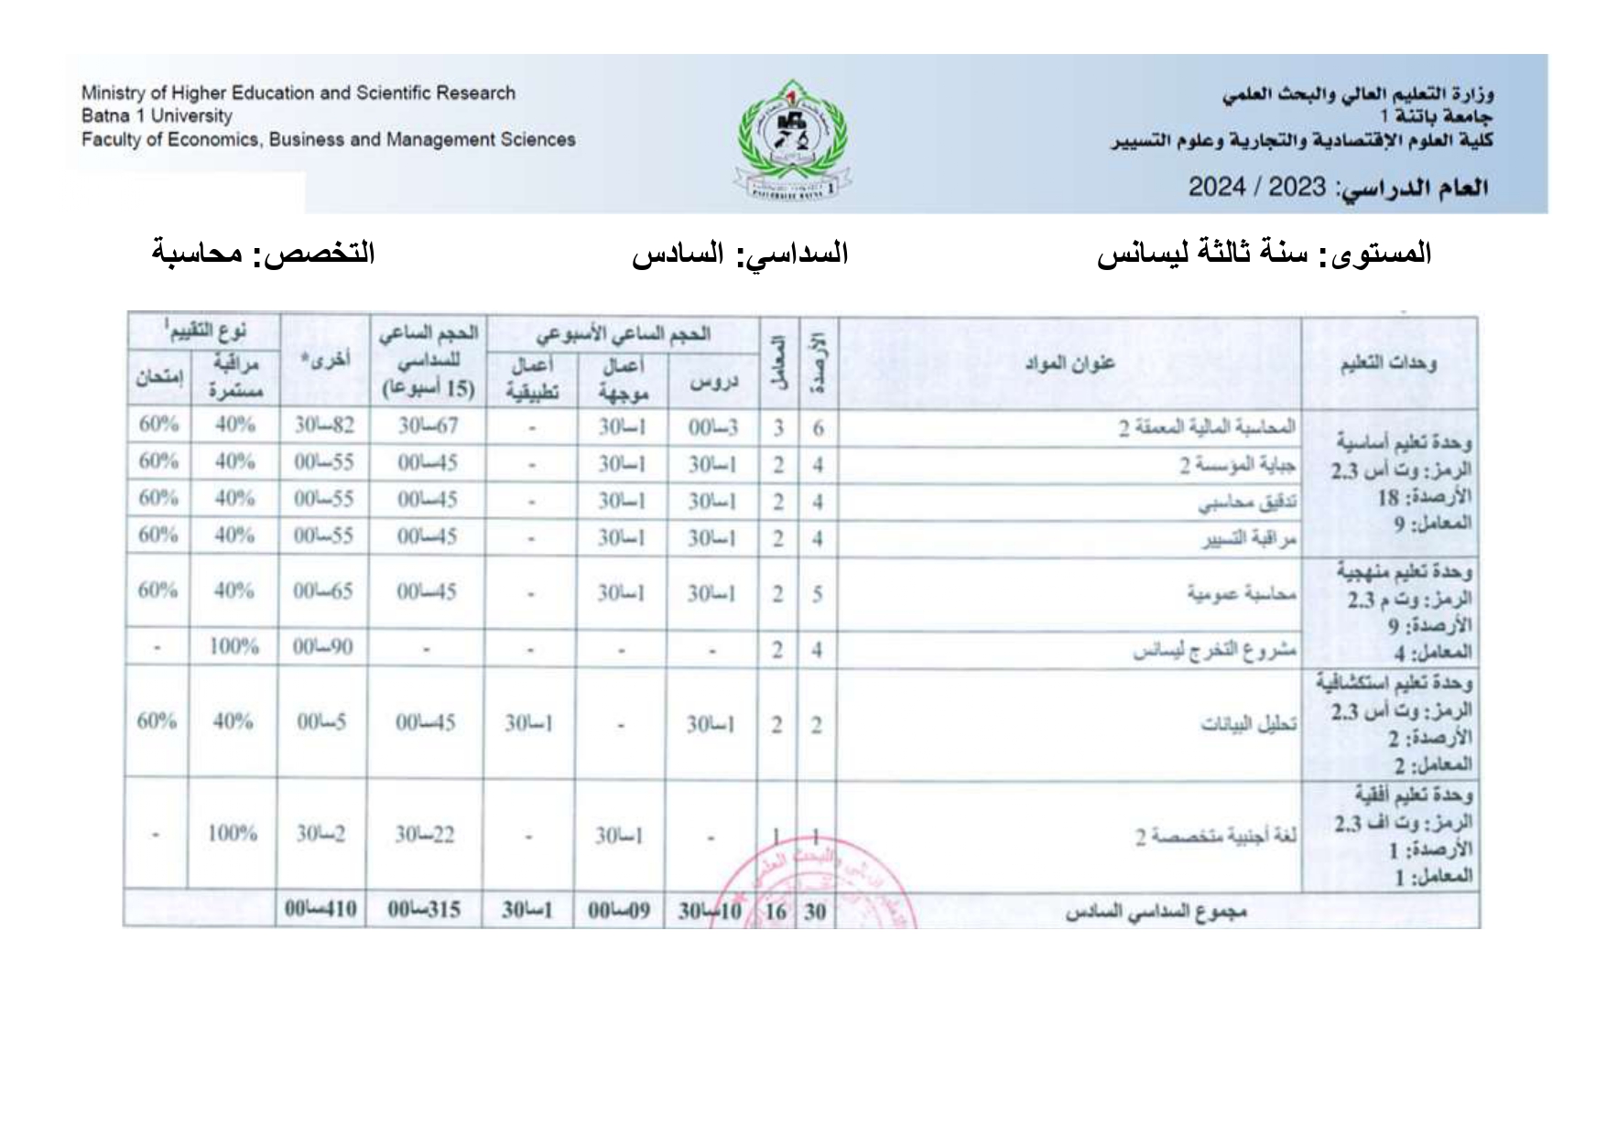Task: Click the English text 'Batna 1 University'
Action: (157, 116)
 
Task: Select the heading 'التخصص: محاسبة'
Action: (264, 254)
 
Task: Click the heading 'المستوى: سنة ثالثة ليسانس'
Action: (1265, 254)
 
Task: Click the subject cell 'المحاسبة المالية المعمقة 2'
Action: (1207, 427)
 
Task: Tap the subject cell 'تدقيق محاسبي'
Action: (1247, 503)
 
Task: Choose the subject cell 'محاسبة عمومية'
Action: (1242, 593)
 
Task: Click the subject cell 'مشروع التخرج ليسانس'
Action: (1214, 651)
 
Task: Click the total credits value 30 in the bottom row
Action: (814, 912)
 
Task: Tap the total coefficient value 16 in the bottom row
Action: (776, 912)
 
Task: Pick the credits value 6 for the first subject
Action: (818, 427)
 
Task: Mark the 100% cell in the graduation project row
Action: (233, 647)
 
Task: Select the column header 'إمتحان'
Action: (158, 376)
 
